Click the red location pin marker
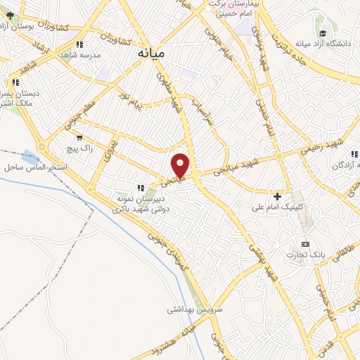click(x=181, y=165)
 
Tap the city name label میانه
click(x=151, y=53)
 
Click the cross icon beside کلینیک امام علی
click(x=278, y=195)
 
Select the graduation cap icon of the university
click(x=323, y=33)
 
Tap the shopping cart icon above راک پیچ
click(x=79, y=137)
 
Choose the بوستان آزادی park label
click(x=14, y=27)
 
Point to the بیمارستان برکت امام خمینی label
click(x=229, y=8)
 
